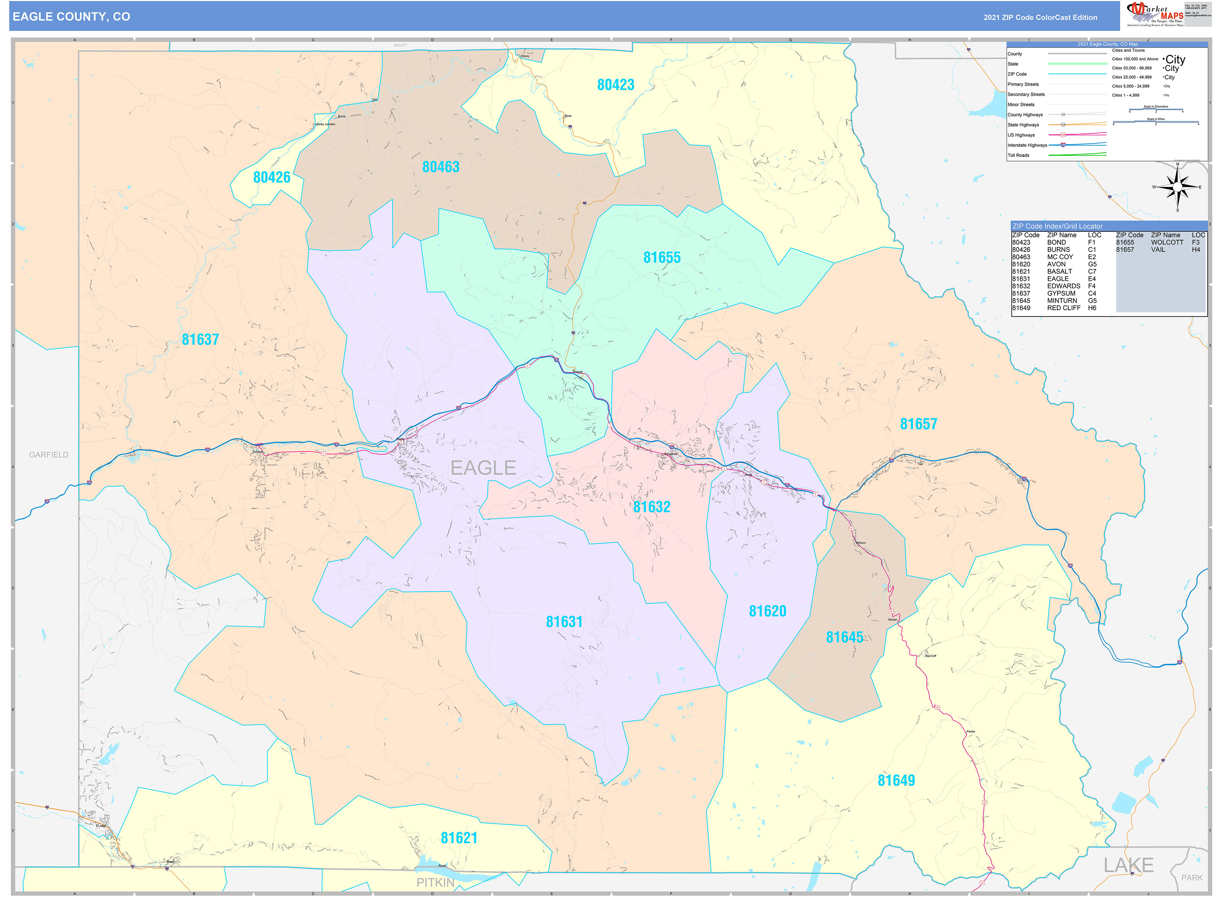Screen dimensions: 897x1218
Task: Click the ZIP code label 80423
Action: pos(615,85)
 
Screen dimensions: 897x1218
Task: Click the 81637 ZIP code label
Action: pos(200,339)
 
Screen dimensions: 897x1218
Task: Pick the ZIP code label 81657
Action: pos(918,424)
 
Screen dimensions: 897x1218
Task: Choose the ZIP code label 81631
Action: pos(564,622)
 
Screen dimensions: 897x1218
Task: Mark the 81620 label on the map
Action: pos(767,611)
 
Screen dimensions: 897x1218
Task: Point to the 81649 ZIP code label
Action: pos(896,780)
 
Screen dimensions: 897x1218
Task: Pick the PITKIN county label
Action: pos(435,883)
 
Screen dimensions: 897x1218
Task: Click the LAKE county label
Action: pos(1128,865)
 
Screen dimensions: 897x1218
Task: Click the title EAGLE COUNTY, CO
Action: pos(71,17)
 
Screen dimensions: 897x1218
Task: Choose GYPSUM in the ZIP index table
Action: pos(1061,293)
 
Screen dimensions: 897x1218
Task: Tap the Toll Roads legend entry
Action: pos(1018,155)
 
